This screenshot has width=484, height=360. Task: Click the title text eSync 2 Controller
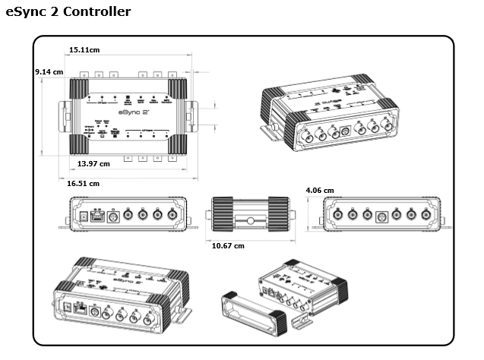coord(68,12)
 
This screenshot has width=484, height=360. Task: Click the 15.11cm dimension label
coord(84,49)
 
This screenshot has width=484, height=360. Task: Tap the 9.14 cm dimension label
coord(49,71)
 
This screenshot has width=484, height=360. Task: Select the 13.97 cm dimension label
coord(93,163)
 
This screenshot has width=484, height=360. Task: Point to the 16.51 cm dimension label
coord(83,183)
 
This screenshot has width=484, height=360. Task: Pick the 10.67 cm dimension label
coord(228,245)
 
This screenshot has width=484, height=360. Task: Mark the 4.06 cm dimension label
coord(319,190)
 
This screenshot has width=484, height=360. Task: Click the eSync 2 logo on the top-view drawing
coord(128,111)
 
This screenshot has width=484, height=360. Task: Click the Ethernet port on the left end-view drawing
coord(96,216)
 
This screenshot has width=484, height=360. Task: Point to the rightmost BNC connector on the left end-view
coord(172,215)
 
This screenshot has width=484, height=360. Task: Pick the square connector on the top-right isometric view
coord(346,130)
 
